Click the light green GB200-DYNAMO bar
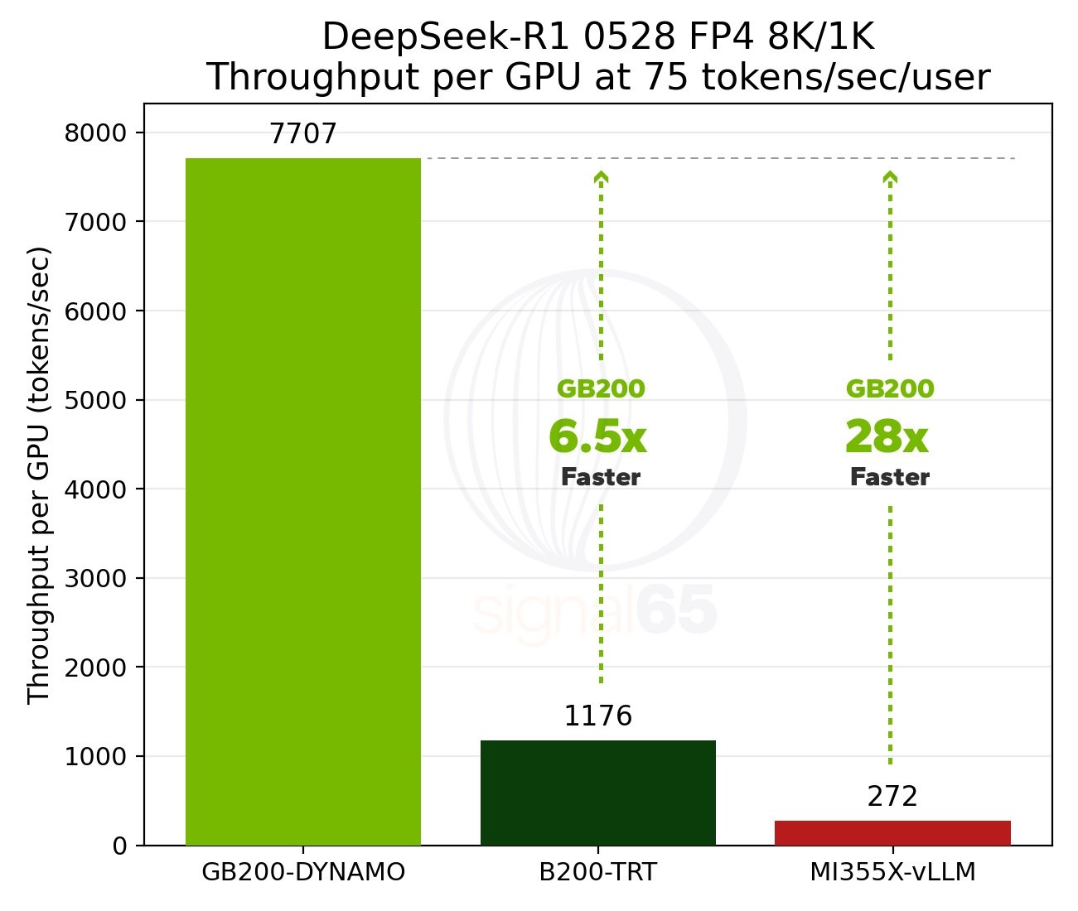303,501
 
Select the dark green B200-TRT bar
597,793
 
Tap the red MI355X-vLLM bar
892,832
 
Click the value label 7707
303,134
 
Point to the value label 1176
597,716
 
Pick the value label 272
892,797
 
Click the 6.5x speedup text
597,437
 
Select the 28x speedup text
887,437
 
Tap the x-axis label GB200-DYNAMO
303,872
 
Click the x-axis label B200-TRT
597,872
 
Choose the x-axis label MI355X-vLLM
892,872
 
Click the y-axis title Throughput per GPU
40,475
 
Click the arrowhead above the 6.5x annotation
602,176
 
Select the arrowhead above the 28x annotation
890,176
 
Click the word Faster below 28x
890,477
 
